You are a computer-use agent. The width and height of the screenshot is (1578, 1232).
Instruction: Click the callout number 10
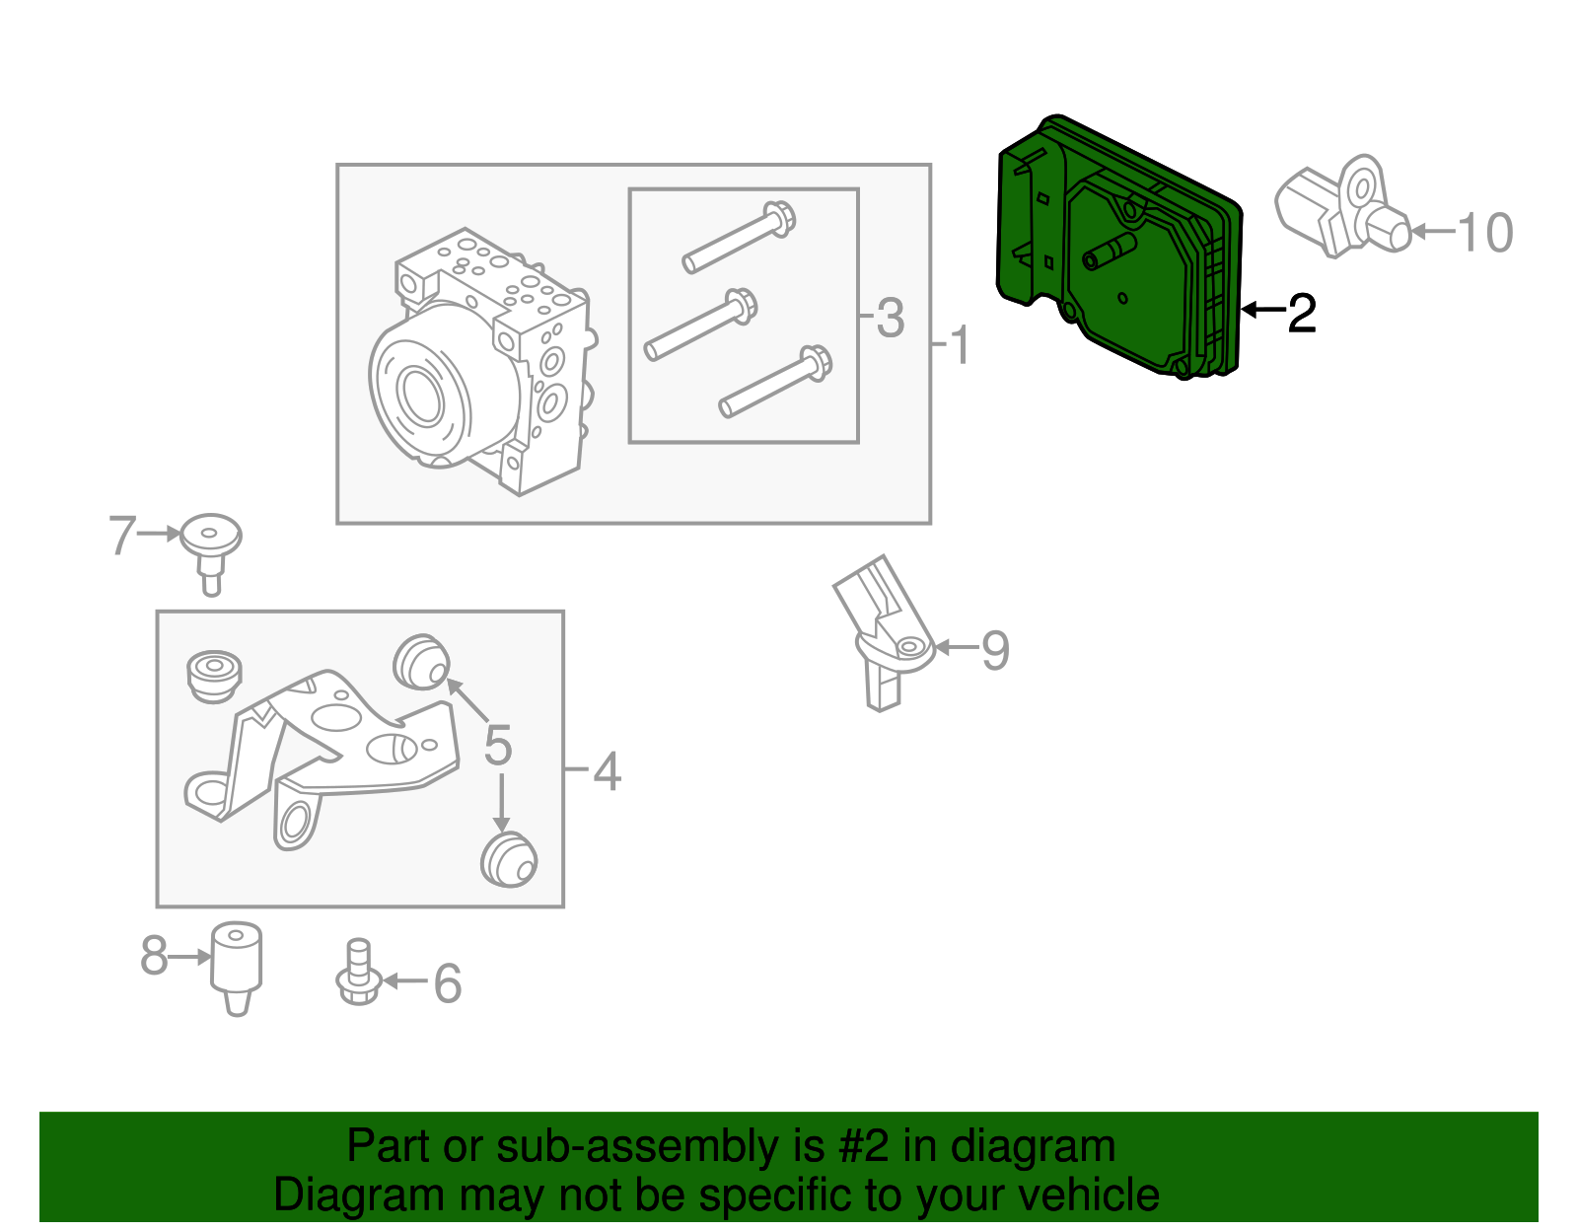[x=1484, y=234]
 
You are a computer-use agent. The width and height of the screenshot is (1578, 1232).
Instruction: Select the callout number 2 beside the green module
[x=1302, y=313]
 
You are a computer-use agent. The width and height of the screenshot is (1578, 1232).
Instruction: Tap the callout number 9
[x=995, y=651]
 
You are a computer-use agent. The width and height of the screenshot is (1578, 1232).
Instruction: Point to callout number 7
[x=121, y=536]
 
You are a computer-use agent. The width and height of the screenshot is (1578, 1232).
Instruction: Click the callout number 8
[x=154, y=956]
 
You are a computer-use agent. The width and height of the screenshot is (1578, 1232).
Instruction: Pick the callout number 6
[x=448, y=983]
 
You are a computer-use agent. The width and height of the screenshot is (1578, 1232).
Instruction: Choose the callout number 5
[x=498, y=746]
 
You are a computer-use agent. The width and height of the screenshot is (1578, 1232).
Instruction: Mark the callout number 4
[x=608, y=771]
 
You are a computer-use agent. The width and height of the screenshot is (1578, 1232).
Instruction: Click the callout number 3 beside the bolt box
[x=890, y=319]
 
